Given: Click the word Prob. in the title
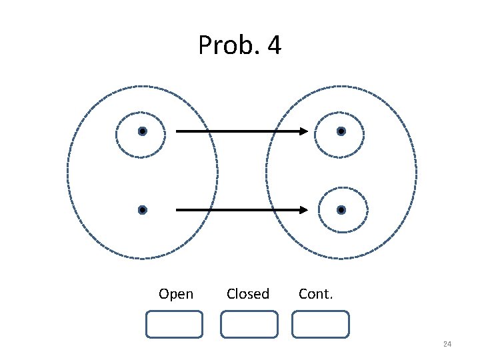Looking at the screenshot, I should click(x=225, y=46).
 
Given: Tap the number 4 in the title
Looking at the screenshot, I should click(x=273, y=46).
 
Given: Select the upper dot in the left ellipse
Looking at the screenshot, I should click(x=142, y=132).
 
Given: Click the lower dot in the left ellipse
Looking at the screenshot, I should click(x=142, y=210).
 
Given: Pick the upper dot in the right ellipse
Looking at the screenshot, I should click(x=341, y=132).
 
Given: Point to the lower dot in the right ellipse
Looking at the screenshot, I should click(x=341, y=210).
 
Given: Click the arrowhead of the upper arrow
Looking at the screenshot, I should click(x=303, y=132).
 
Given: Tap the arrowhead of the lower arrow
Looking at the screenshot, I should click(x=303, y=210).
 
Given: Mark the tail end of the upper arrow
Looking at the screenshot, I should click(x=177, y=132).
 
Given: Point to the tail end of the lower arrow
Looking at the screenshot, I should click(x=177, y=210).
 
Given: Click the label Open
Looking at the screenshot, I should click(x=176, y=294).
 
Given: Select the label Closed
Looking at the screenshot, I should click(x=248, y=294).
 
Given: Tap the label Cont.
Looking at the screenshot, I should click(x=315, y=294).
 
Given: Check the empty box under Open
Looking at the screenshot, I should click(x=174, y=324).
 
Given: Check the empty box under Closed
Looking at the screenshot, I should click(x=249, y=324).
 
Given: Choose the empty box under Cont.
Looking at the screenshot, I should click(x=321, y=324).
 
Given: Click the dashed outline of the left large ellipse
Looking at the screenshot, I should click(x=68, y=171).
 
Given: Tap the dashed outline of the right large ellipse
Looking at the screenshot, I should click(x=416, y=171).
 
